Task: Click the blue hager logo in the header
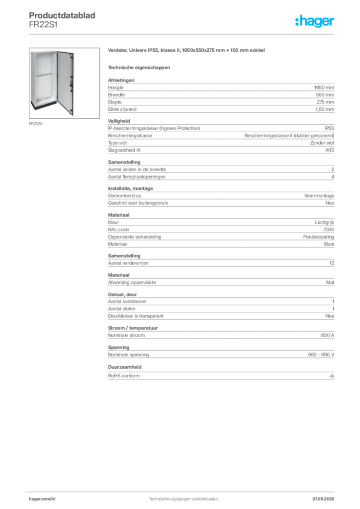[316, 21]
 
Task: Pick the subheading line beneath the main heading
[140, 67]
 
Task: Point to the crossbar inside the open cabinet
[44, 75]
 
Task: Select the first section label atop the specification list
[121, 79]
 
